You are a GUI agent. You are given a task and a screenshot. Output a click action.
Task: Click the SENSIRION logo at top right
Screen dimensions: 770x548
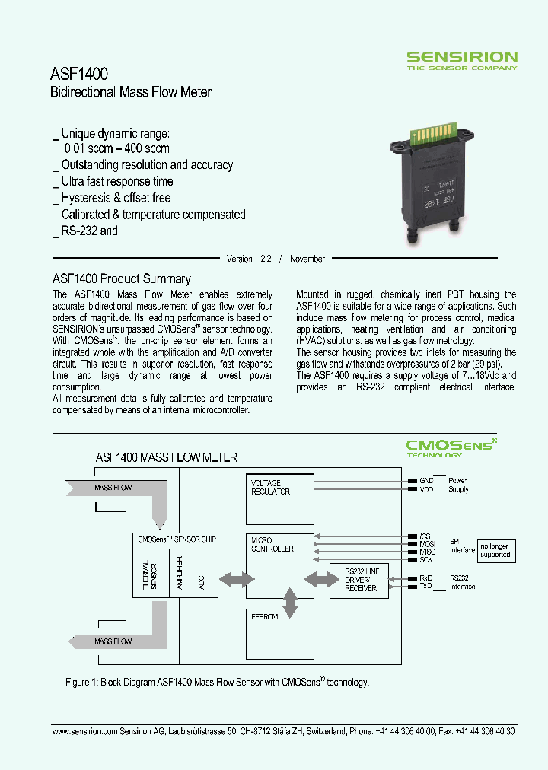coord(461,59)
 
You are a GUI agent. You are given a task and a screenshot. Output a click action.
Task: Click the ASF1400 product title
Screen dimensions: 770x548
coord(78,74)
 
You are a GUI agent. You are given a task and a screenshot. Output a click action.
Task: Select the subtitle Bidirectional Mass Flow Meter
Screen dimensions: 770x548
coord(130,93)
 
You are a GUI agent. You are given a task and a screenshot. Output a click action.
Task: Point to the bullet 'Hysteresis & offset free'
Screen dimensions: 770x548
coord(116,198)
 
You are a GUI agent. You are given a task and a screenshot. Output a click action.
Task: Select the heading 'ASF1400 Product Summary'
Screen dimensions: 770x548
coord(121,279)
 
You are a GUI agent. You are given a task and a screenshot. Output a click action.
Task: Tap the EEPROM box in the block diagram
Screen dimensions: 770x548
coord(279,633)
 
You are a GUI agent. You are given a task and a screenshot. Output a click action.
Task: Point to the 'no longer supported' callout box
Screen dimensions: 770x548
coord(495,550)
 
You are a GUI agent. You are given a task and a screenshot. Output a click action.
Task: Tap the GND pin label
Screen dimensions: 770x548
coord(425,481)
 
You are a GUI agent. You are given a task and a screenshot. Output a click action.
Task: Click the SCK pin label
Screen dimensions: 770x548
coord(425,559)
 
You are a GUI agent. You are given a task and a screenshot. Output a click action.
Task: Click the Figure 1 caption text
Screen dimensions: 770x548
coord(217,682)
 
